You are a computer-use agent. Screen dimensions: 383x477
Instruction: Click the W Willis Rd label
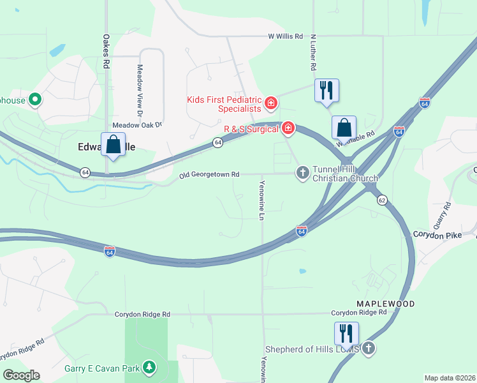tap(285, 36)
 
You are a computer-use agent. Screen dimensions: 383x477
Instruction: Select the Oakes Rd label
tap(107, 50)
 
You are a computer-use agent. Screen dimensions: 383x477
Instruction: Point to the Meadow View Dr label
tap(140, 85)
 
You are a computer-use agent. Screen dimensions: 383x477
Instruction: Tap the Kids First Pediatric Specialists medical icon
tap(271, 102)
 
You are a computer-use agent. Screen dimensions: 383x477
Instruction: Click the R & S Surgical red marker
tap(288, 129)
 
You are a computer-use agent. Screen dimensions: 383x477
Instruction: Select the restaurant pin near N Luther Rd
tap(327, 91)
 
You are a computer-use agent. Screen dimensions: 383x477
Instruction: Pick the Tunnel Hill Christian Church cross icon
tap(303, 172)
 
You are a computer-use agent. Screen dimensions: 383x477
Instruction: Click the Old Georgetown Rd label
tap(209, 174)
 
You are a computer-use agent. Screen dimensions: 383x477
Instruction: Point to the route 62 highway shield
tap(382, 200)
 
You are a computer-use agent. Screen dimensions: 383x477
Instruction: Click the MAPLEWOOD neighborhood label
tap(385, 304)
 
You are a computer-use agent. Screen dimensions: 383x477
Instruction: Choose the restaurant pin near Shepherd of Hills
tap(346, 333)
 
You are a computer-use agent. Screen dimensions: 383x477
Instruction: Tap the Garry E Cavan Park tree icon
tap(149, 367)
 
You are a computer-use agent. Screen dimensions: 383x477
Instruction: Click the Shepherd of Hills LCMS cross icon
tap(368, 348)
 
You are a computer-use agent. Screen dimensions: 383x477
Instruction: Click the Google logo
tap(21, 375)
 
